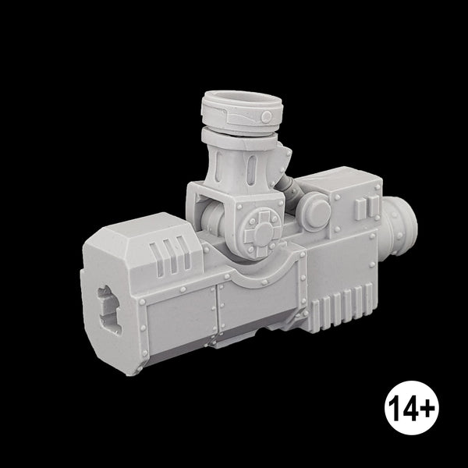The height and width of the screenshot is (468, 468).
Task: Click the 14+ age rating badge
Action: [412, 408]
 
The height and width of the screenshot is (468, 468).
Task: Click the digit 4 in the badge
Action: [409, 408]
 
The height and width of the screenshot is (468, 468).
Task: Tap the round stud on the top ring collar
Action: [266, 116]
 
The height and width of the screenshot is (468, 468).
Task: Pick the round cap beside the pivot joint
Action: [317, 211]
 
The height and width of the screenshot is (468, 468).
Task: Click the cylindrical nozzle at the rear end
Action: [399, 226]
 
